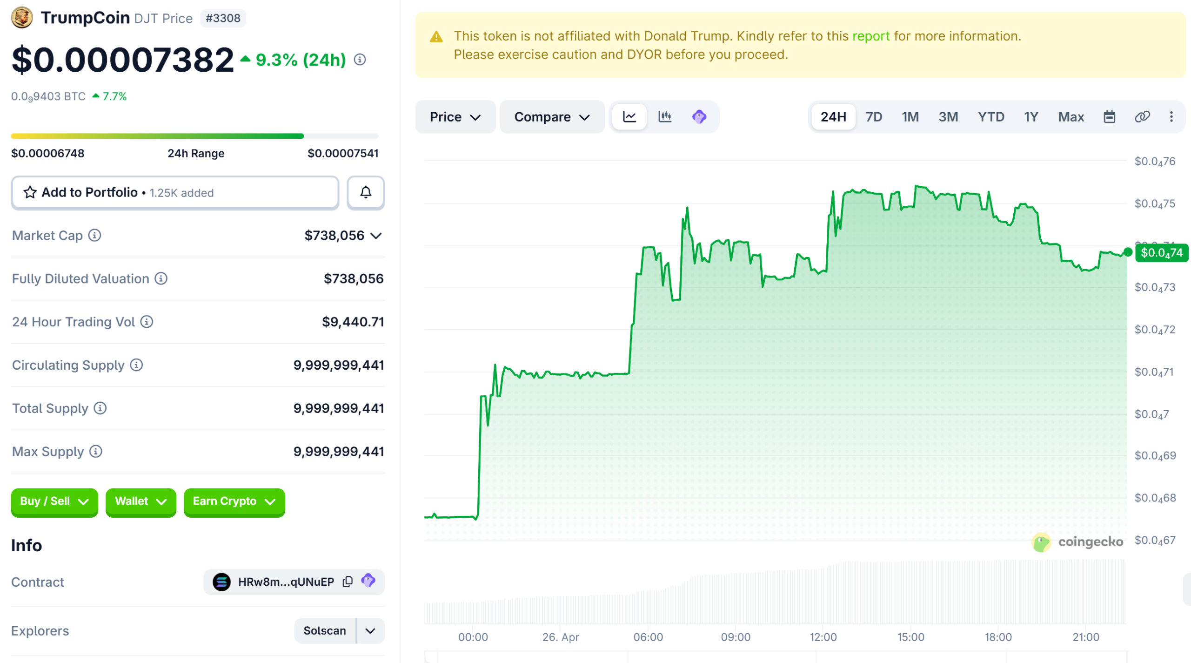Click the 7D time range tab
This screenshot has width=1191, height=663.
873,117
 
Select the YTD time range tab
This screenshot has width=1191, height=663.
990,117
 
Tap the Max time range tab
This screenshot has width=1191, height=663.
1071,117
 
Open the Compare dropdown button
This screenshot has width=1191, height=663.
551,117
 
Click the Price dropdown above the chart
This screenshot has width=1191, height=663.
455,117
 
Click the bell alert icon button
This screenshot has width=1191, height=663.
366,192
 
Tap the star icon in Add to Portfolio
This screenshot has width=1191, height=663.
30,192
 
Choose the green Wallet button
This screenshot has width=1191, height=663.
141,501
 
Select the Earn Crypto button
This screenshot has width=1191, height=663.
234,501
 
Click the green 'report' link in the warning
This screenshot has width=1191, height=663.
870,36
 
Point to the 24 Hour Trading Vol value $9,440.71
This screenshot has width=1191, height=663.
353,322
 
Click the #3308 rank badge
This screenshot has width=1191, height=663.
223,18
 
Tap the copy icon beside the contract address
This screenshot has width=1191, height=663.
348,582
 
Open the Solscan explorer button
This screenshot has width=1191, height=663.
325,630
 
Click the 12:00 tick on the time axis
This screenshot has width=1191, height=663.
823,636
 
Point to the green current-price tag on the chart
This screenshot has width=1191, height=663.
1161,253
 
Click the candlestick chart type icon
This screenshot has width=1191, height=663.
664,117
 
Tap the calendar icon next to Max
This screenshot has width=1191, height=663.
1109,117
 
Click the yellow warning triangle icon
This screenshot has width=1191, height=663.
436,37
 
